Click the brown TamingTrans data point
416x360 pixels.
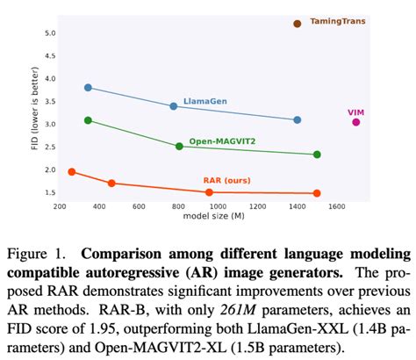(x=298, y=24)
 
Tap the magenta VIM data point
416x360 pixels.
(x=356, y=122)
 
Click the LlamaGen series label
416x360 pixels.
(x=204, y=102)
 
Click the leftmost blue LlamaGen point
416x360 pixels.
(x=88, y=88)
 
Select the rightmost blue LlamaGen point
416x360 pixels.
(x=298, y=119)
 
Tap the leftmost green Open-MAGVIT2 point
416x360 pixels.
(x=88, y=120)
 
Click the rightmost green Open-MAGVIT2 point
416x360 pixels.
(x=317, y=155)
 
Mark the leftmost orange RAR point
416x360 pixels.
(x=72, y=172)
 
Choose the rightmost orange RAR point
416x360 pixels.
(x=317, y=193)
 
